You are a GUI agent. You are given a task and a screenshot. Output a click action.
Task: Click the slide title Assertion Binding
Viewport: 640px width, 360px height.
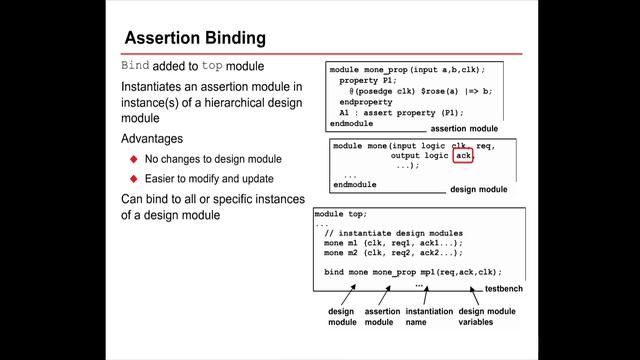pyautogui.click(x=194, y=38)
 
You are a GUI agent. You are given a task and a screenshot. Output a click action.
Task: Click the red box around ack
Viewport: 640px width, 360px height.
pyautogui.click(x=462, y=156)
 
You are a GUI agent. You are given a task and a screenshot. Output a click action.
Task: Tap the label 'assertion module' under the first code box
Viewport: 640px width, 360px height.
pyautogui.click(x=463, y=129)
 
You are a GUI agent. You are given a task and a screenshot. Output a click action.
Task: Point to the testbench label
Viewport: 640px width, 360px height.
pyautogui.click(x=505, y=288)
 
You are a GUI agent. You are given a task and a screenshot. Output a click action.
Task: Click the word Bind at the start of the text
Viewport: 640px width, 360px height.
pyautogui.click(x=135, y=65)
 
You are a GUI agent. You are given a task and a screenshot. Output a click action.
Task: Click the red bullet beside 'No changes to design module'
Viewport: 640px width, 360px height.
pyautogui.click(x=132, y=159)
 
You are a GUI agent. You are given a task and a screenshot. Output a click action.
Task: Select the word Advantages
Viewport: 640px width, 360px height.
pyautogui.click(x=154, y=138)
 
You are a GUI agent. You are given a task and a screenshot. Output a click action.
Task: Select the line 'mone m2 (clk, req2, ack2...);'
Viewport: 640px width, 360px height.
pyautogui.click(x=393, y=252)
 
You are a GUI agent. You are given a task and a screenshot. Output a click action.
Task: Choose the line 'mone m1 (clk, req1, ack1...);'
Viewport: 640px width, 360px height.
pyautogui.click(x=393, y=242)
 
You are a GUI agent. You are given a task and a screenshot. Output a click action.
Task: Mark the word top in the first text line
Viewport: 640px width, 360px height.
pyautogui.click(x=212, y=65)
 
